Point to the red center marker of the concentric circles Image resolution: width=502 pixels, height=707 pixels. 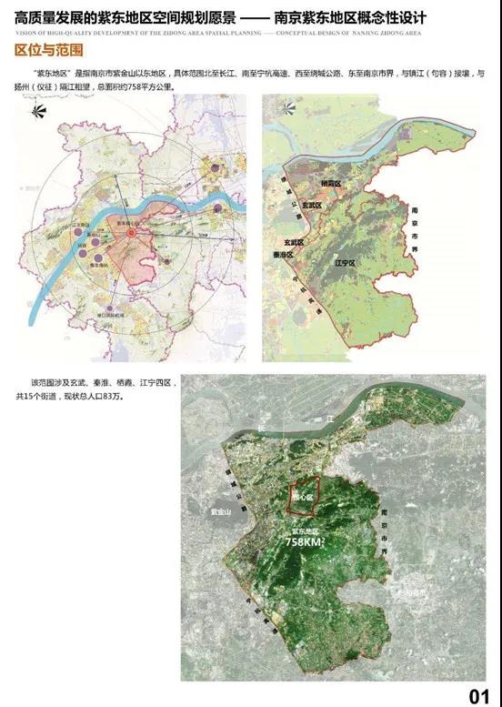pos(131,235)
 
